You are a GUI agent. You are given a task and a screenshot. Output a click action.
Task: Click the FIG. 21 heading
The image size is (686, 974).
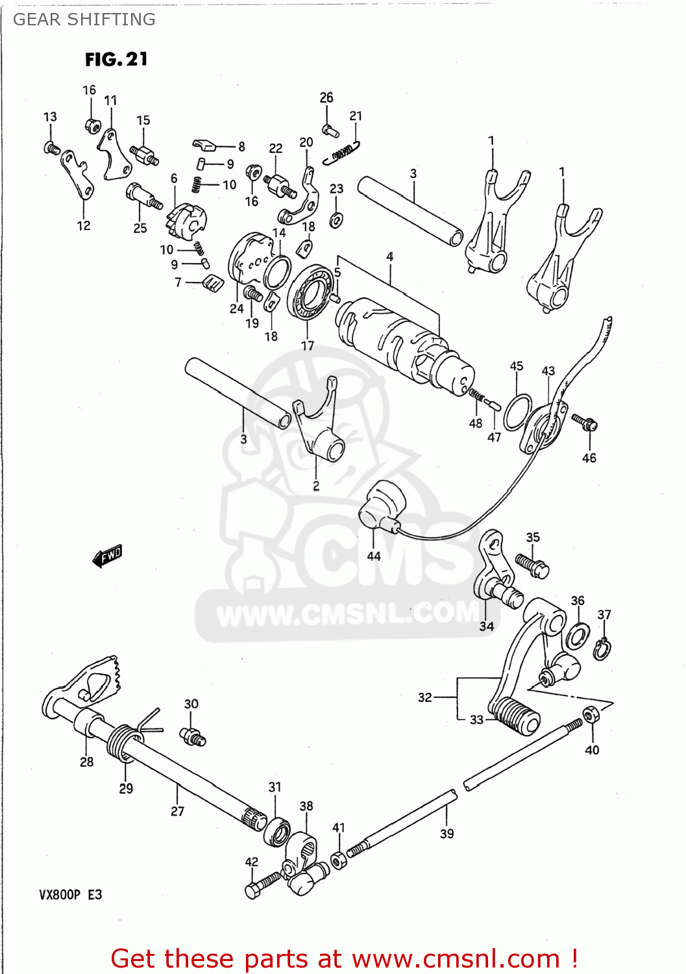116,59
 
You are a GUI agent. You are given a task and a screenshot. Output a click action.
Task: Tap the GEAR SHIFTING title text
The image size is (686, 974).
84,19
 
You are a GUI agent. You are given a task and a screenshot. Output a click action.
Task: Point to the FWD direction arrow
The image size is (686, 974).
107,556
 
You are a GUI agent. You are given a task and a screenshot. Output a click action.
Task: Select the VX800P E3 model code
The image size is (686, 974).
70,894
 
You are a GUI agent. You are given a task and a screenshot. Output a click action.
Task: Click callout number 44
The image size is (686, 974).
374,556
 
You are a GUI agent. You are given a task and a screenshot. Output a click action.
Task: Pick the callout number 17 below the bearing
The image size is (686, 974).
308,346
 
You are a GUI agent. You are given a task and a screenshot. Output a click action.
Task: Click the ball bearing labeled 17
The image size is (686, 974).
310,292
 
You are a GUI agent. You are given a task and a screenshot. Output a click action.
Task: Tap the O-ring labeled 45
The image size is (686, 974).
517,411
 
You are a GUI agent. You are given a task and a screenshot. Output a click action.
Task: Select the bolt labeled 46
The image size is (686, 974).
585,422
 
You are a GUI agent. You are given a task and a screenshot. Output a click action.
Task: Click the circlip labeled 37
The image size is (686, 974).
602,649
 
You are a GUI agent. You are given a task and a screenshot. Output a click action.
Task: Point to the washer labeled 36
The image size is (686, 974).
578,636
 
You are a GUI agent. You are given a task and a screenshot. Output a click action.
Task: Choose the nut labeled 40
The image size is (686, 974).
590,715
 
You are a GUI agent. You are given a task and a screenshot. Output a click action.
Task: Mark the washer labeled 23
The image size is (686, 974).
336,220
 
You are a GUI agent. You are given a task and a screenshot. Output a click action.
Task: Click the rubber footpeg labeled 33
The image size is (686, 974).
519,716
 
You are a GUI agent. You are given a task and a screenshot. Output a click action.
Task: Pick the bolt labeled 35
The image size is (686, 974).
532,564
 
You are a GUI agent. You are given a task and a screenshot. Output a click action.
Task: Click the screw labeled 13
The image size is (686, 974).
52,148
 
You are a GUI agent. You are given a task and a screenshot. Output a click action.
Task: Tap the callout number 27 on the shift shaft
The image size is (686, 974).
177,811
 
